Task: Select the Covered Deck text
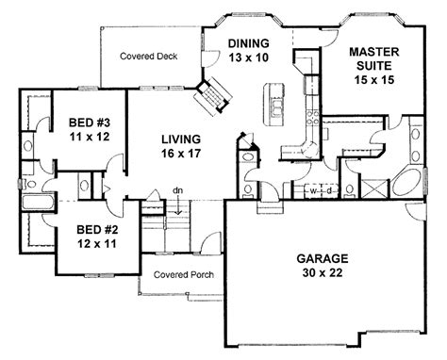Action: click(149, 57)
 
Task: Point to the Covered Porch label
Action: click(184, 275)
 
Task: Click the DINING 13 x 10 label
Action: click(248, 50)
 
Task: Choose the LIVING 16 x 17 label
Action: click(181, 146)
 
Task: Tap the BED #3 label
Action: click(90, 129)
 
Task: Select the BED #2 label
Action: click(97, 237)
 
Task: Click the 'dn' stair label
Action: click(178, 190)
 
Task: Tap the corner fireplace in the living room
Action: click(213, 95)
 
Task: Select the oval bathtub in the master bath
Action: click(407, 184)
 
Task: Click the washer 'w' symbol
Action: click(313, 190)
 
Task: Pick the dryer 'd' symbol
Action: click(329, 190)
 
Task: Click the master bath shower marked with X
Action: click(375, 188)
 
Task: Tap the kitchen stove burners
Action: click(313, 117)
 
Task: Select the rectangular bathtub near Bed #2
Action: click(39, 202)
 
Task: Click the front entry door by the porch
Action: click(211, 242)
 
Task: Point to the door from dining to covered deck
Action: click(209, 58)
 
